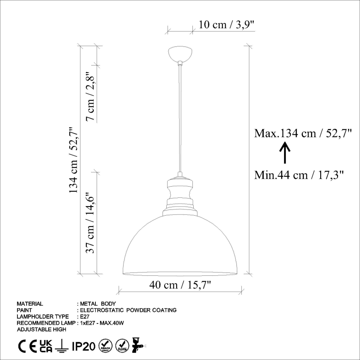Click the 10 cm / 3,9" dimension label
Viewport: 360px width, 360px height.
226,24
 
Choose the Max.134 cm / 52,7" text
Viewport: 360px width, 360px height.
303,134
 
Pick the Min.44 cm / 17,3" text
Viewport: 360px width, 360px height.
300,175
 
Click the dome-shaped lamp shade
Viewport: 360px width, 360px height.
180,249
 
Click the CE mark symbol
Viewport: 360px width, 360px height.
26,345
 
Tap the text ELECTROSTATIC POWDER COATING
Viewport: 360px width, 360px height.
129,310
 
